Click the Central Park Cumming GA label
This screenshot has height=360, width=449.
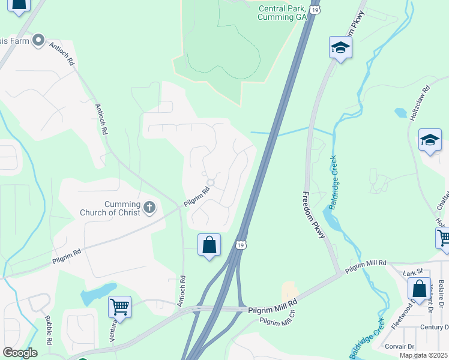(282, 13)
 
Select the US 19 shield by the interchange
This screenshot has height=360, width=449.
(241, 245)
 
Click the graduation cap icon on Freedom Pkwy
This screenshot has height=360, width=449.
(340, 47)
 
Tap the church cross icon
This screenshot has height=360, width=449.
(149, 208)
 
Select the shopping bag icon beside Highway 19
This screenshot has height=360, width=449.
(209, 245)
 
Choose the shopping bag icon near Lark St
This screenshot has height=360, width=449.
(419, 289)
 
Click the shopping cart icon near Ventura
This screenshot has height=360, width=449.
(119, 307)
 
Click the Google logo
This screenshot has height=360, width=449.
(19, 353)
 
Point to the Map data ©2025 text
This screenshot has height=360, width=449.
(423, 355)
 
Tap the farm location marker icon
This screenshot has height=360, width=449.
(39, 40)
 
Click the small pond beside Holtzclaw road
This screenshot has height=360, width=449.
(401, 113)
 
